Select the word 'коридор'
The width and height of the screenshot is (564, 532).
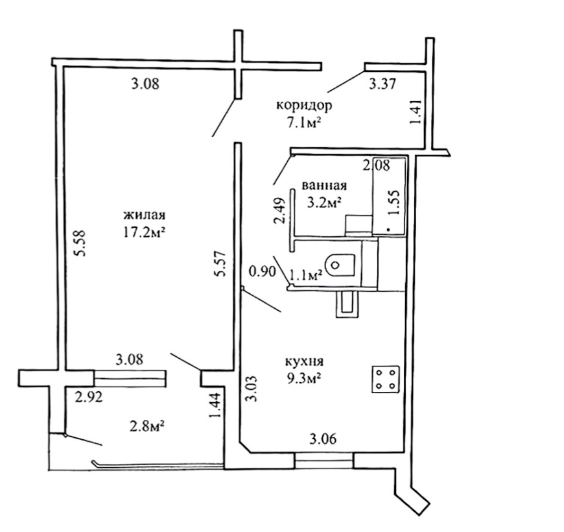click(303, 105)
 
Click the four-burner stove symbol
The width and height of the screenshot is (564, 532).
click(385, 379)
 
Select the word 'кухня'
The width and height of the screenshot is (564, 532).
click(304, 361)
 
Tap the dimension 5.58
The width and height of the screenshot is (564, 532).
click(80, 243)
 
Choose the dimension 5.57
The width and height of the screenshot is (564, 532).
click(220, 265)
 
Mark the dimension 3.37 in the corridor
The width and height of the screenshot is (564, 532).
click(382, 82)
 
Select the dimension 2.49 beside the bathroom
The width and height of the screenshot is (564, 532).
click(278, 211)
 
